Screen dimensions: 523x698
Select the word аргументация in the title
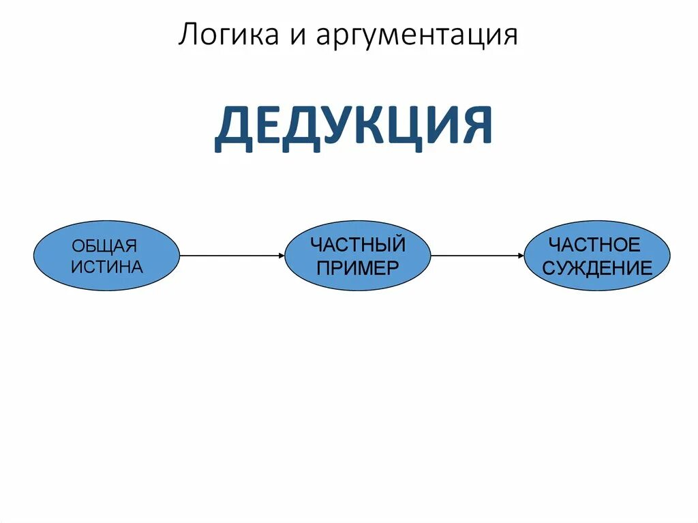416,36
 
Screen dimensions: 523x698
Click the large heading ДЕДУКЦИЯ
353,128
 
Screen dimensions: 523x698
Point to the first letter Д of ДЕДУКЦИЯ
232,129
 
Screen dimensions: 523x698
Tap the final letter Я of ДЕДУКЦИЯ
475,128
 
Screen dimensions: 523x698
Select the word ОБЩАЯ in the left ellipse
106,245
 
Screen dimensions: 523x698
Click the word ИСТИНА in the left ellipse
107,267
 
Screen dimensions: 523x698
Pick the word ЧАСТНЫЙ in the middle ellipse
358,244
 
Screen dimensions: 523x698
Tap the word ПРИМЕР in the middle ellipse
358,267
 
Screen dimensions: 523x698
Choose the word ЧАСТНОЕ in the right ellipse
594,244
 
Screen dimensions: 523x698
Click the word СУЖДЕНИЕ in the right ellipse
597,267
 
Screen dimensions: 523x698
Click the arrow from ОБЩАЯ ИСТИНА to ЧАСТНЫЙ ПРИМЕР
232,256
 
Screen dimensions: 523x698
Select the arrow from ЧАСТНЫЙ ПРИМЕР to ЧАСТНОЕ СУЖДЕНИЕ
477,256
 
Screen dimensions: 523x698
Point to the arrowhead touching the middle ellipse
281,256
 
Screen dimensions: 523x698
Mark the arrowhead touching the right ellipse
521,256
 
